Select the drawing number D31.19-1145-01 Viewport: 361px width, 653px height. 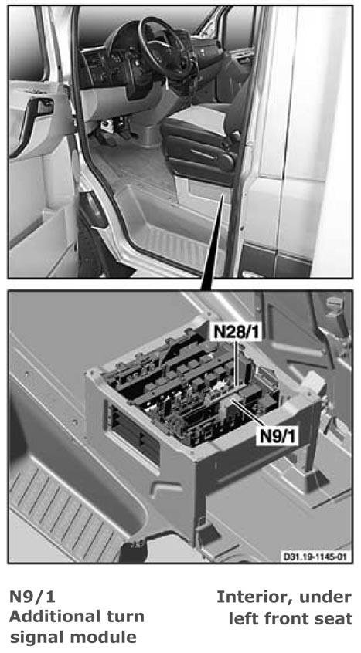(315, 556)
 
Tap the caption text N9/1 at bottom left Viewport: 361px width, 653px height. (32, 597)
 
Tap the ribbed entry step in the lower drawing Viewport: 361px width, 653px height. (63, 504)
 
